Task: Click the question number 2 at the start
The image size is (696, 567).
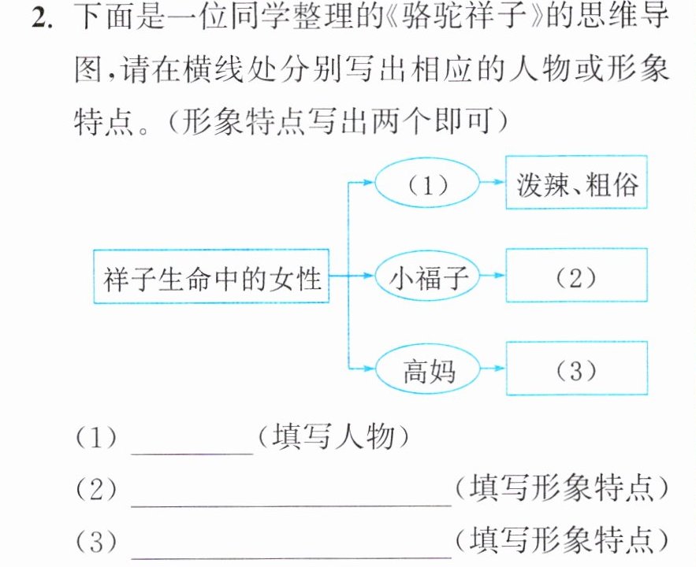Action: tap(42, 19)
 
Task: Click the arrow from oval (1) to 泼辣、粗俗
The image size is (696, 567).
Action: tap(493, 182)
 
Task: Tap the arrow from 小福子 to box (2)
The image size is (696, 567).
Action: tap(493, 276)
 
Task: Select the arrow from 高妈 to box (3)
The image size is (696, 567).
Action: tap(493, 368)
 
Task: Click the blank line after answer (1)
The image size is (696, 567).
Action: tap(192, 454)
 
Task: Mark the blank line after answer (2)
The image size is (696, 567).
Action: tap(291, 505)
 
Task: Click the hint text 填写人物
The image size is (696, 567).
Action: tap(333, 437)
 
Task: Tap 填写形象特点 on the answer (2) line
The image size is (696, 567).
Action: tap(561, 488)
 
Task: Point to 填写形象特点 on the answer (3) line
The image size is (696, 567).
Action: tap(561, 540)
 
